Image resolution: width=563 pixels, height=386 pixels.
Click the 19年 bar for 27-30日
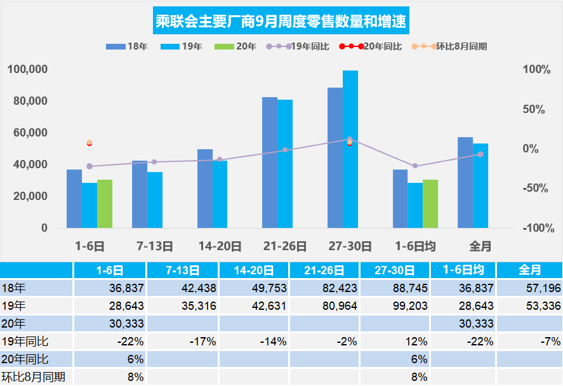[x=350, y=149]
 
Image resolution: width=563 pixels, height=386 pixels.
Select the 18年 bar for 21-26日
[x=270, y=163]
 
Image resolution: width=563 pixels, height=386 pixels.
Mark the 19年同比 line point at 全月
[x=480, y=154]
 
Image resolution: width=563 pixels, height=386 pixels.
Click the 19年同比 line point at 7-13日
[x=154, y=162]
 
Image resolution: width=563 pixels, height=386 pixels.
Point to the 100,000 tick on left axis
[x=27, y=69]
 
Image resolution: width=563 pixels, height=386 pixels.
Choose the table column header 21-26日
[x=324, y=270]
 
